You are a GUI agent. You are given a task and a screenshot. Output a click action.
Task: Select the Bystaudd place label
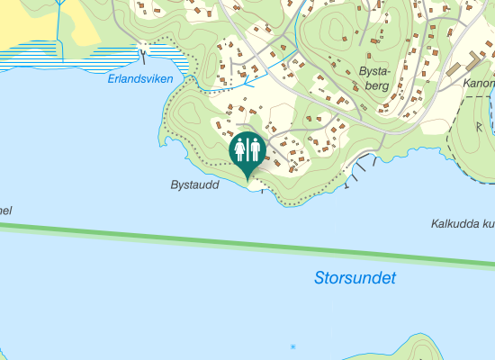click(194, 184)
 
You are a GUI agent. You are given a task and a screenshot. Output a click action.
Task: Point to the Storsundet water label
click(355, 278)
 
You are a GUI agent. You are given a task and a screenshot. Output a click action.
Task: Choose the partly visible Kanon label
click(478, 84)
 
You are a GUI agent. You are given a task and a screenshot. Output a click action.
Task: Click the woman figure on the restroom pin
click(240, 148)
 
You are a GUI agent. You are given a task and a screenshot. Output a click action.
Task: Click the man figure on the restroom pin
click(254, 148)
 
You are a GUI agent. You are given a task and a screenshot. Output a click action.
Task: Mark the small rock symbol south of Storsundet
click(292, 346)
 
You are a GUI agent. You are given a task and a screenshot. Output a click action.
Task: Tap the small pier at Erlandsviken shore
click(142, 55)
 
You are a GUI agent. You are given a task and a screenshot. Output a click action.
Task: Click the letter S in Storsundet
click(320, 279)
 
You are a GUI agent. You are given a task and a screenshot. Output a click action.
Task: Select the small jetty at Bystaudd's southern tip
click(260, 188)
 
